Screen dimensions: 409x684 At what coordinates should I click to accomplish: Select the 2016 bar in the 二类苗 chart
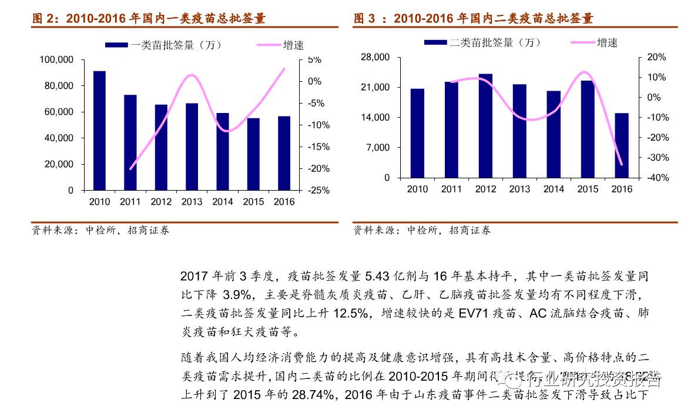(622, 145)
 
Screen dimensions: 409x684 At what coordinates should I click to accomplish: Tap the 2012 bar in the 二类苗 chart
(485, 125)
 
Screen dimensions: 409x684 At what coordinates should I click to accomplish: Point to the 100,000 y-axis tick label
(56, 60)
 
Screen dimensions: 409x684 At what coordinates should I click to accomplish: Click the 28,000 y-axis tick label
(375, 57)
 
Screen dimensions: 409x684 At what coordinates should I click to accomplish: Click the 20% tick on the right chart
(656, 57)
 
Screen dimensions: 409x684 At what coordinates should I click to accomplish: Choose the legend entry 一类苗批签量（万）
(165, 45)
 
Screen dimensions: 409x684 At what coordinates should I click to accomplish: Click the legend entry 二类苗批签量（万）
(483, 42)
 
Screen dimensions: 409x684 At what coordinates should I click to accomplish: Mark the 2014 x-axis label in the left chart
(222, 202)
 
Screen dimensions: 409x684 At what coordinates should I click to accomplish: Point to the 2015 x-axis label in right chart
(588, 189)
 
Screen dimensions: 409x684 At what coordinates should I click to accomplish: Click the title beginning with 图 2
(149, 19)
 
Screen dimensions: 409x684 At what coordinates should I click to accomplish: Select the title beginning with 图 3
(474, 19)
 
